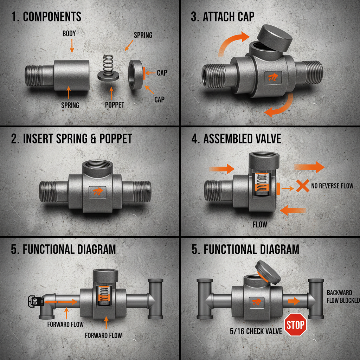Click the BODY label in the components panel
69,34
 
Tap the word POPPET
115,105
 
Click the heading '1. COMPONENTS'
46,17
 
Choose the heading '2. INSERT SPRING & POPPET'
72,139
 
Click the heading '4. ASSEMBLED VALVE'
237,139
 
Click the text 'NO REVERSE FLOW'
332,186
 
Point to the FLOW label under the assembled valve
260,224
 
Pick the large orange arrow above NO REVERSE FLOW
309,167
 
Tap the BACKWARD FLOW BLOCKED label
343,296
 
